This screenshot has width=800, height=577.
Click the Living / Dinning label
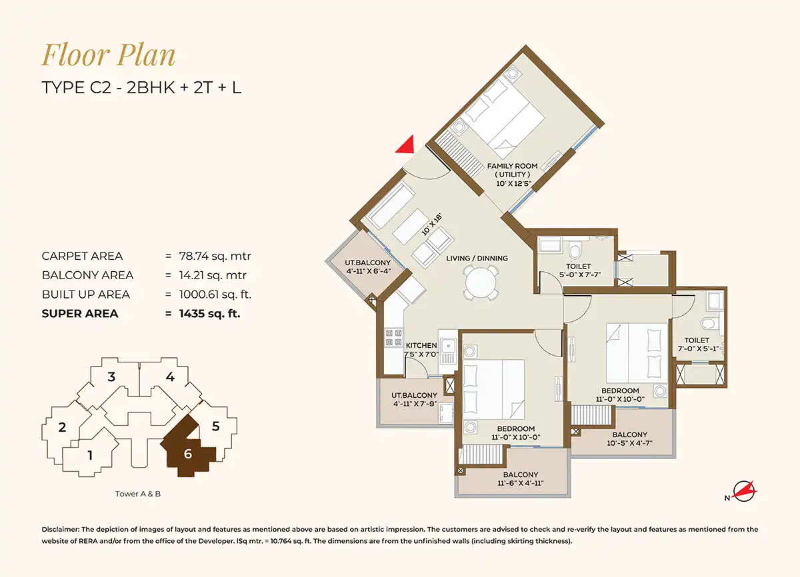(x=477, y=258)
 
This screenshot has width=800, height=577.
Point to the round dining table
(x=481, y=283)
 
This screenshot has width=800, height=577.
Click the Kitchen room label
(x=421, y=345)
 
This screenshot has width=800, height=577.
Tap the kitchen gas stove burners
(x=393, y=338)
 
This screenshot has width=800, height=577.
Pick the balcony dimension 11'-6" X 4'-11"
(x=521, y=483)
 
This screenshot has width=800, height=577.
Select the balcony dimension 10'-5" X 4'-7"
(x=629, y=443)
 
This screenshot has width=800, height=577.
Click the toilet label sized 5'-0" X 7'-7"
(x=578, y=271)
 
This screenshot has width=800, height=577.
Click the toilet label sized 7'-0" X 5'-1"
(x=697, y=344)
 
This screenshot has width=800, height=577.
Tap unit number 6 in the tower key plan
(x=188, y=454)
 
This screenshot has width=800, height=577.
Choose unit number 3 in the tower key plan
(x=111, y=377)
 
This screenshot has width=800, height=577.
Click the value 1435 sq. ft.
(x=209, y=314)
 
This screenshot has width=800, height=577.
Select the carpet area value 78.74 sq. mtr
(x=215, y=256)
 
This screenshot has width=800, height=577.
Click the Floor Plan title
(x=108, y=55)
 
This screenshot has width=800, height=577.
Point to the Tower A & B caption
(x=138, y=494)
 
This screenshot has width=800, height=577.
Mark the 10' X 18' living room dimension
(x=431, y=225)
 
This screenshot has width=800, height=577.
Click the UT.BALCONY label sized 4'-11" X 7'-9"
(x=414, y=400)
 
